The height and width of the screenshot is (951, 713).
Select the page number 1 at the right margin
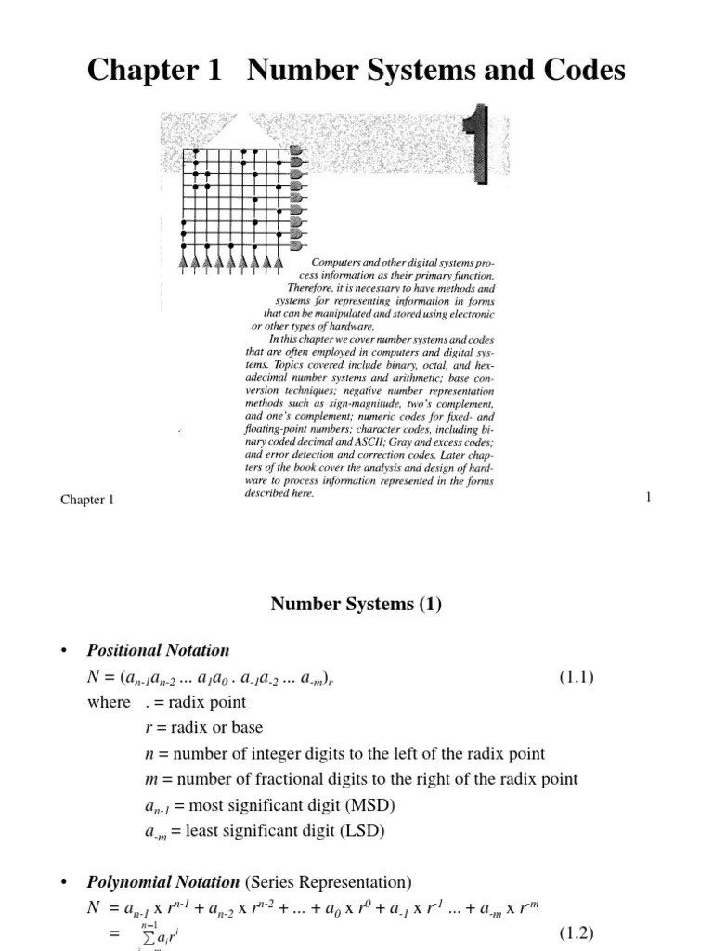pos(648,499)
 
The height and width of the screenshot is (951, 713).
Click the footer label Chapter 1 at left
pos(87,501)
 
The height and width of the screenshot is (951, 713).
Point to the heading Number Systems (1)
pos(356,604)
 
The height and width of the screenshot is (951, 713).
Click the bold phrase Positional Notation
pos(158,650)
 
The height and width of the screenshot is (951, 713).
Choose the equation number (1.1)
pos(576,676)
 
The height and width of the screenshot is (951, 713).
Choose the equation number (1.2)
pos(576,932)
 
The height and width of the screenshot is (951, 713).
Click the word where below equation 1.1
pos(109,702)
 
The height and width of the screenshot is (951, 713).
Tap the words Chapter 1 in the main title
pos(155,71)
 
